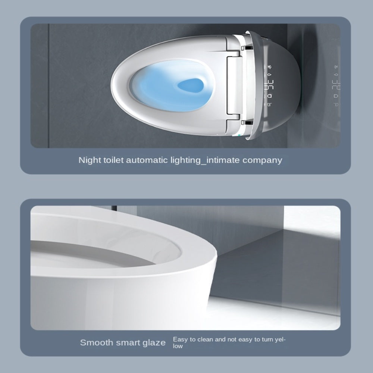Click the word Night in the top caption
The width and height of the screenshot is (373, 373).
88,160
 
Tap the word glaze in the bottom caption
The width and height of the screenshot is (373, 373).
153,343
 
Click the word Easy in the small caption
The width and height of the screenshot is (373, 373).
179,340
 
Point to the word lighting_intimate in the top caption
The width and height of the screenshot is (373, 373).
209,160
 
